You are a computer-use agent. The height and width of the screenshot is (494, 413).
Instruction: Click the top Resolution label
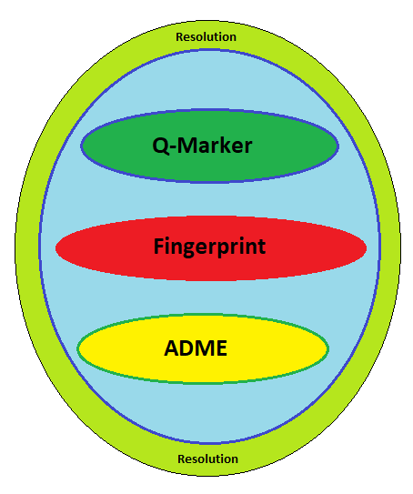coord(206,37)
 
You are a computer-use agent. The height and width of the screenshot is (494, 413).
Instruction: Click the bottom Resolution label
coord(207,459)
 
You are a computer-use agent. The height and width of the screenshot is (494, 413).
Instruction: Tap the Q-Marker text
coord(202,146)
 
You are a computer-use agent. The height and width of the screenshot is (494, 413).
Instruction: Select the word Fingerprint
coord(209,247)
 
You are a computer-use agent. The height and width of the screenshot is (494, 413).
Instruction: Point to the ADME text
coord(196,348)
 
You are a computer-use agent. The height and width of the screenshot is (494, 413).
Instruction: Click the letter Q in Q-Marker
coord(160,146)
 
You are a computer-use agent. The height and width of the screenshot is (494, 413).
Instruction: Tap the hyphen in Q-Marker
coord(173,147)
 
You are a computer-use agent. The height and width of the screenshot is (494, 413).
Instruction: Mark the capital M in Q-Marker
coord(188,146)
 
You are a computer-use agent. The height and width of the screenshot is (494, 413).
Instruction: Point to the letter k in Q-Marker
coord(227,145)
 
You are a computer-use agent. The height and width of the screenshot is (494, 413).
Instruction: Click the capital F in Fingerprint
coord(158,246)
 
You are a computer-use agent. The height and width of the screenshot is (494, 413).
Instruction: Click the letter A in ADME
coord(172,348)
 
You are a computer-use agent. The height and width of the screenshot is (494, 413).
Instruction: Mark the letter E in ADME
coord(222,348)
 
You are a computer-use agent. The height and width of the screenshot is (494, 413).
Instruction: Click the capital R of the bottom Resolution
coord(181,459)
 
